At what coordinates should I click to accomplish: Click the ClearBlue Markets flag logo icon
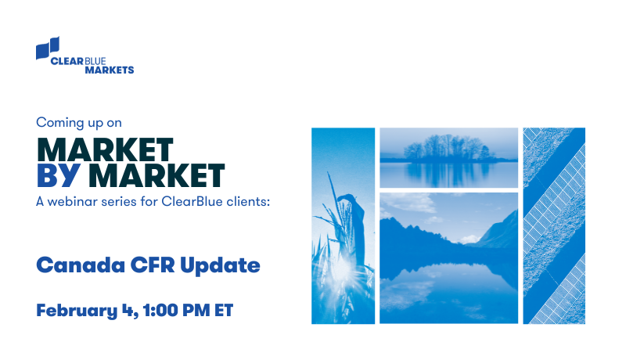(x=48, y=49)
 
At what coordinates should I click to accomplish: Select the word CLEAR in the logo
(x=66, y=59)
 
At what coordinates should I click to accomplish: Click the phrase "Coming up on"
(x=79, y=122)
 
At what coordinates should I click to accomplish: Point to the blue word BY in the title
(x=57, y=175)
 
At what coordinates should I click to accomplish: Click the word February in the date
(x=74, y=310)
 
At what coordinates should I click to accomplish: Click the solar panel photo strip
(x=554, y=225)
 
